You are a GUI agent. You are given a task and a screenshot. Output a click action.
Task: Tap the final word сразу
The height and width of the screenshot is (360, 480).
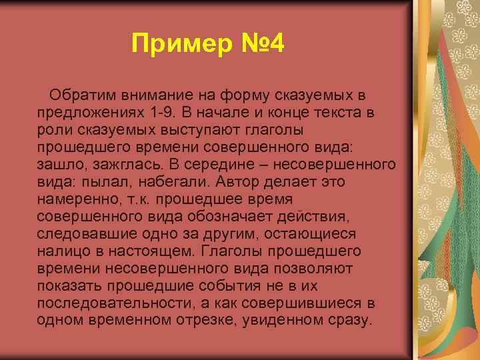pos(347,320)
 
